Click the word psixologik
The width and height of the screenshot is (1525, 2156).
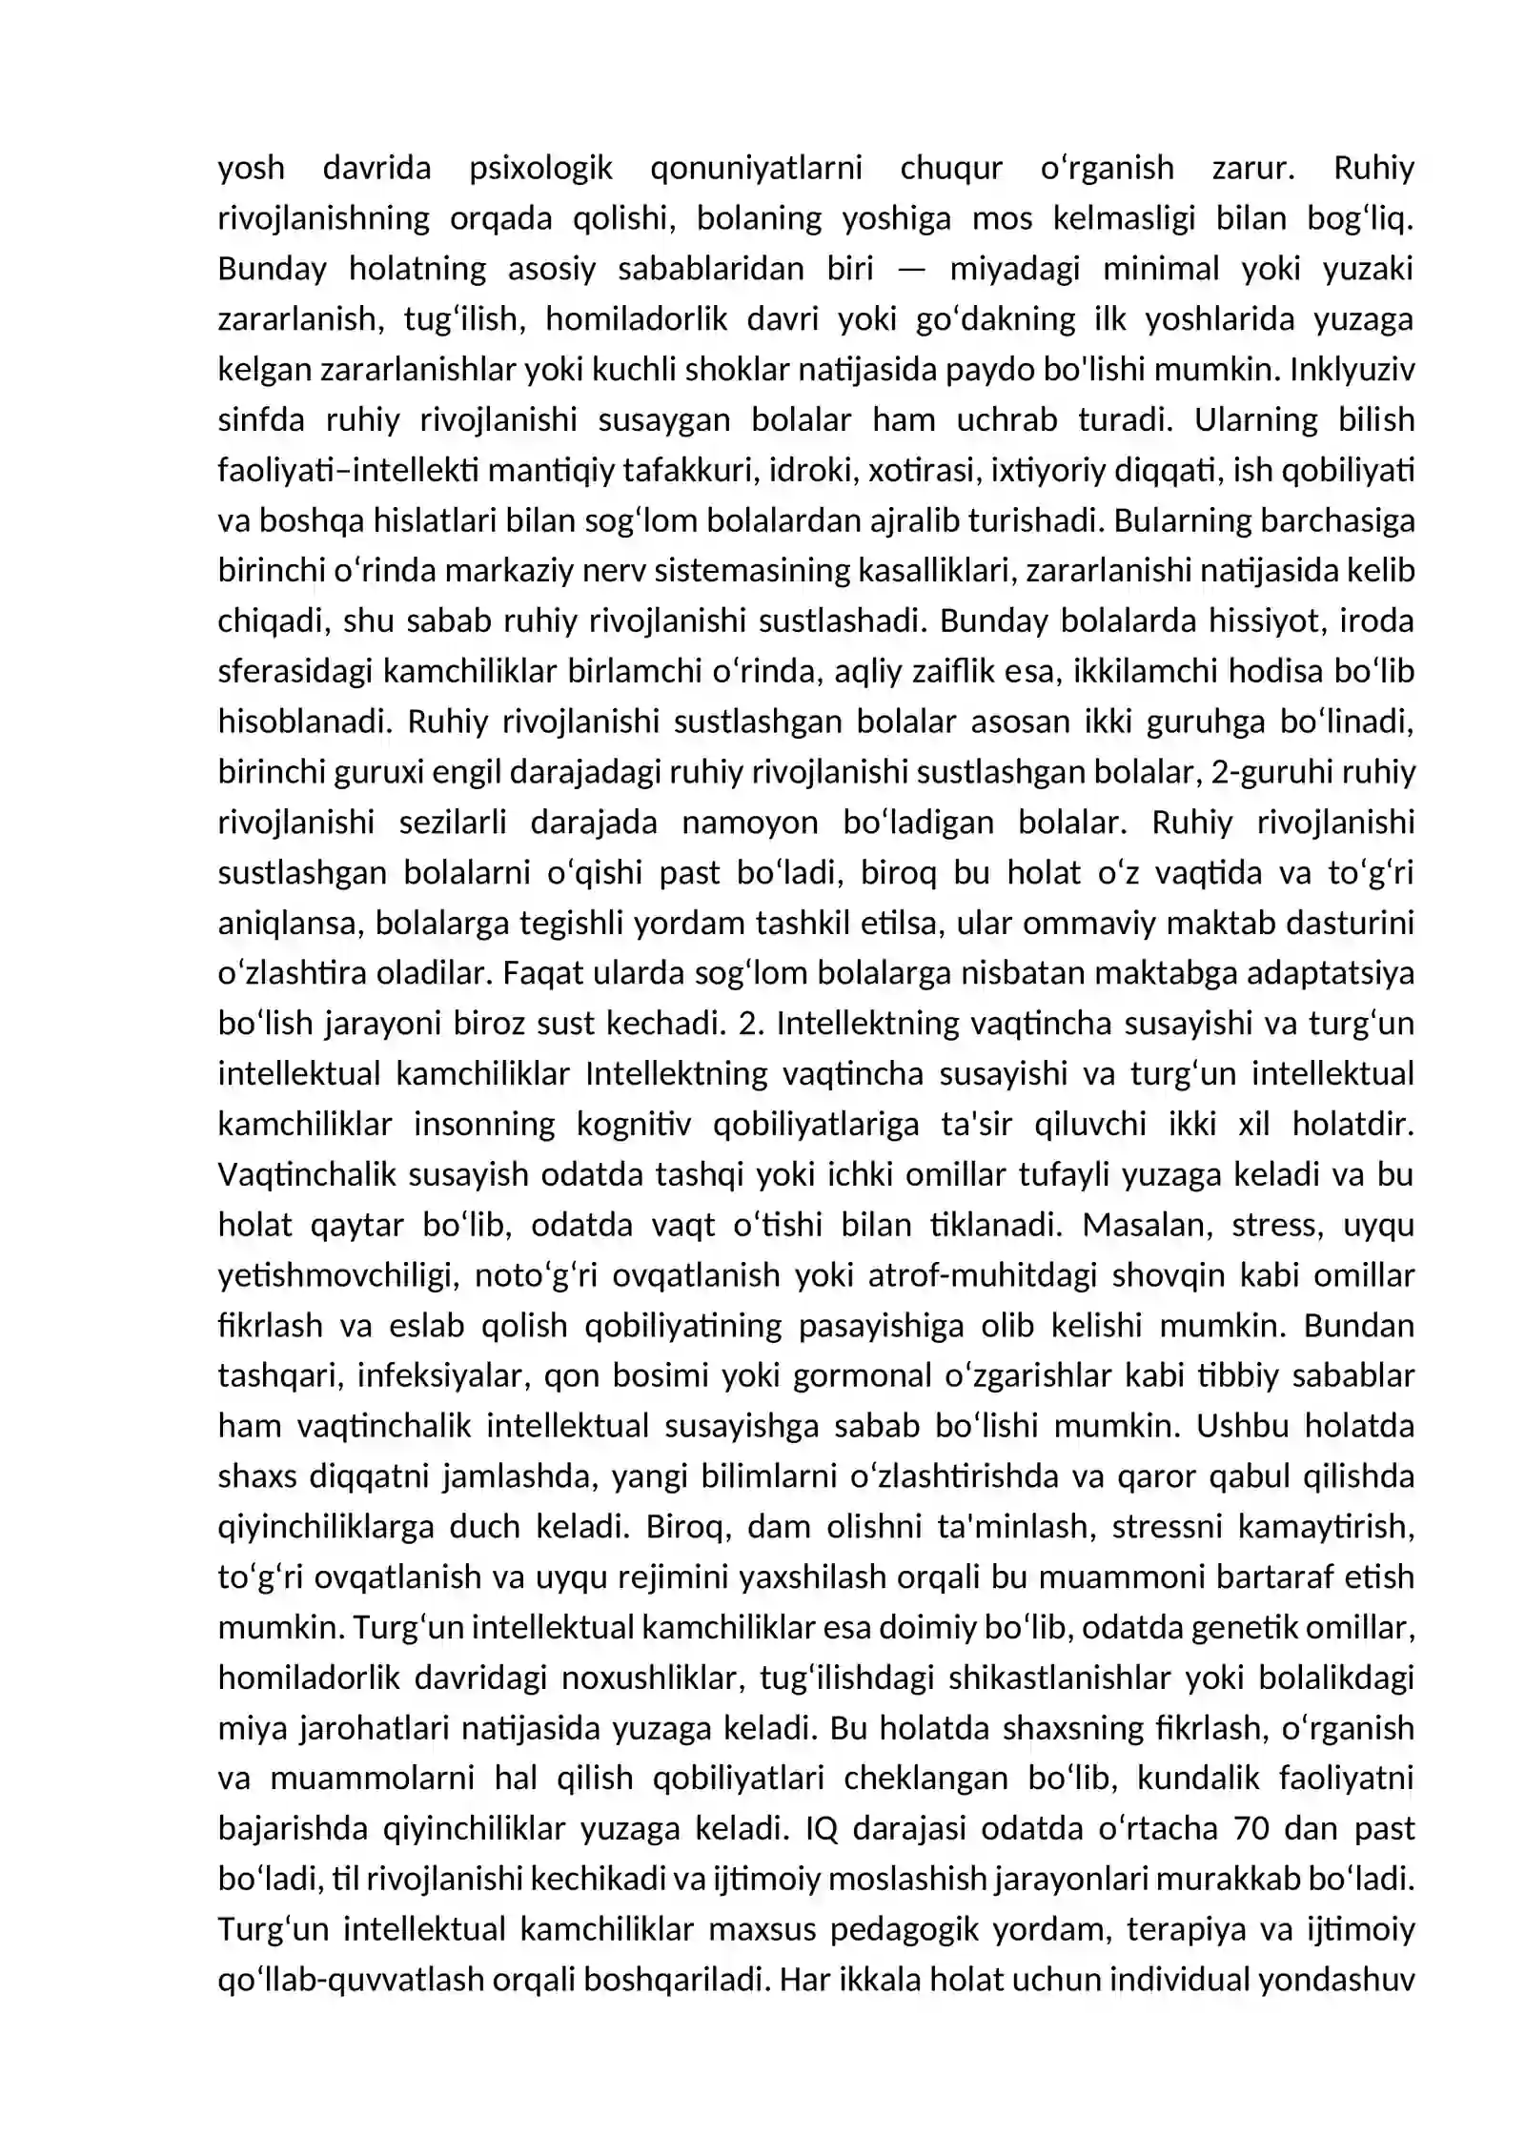pyautogui.click(x=540, y=169)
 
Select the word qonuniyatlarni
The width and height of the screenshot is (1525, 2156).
pyautogui.click(x=756, y=169)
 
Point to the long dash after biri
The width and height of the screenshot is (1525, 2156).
pyautogui.click(x=911, y=269)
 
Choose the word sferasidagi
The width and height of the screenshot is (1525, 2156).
pyautogui.click(x=295, y=672)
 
